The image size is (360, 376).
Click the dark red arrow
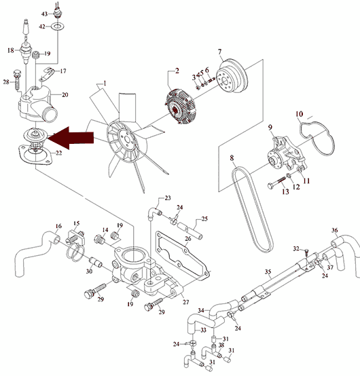pyautogui.click(x=71, y=138)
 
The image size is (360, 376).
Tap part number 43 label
pyautogui.click(x=44, y=14)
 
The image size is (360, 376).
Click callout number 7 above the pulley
pyautogui.click(x=219, y=52)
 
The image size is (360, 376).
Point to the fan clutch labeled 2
pyautogui.click(x=181, y=107)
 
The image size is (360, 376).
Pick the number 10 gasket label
pyautogui.click(x=299, y=114)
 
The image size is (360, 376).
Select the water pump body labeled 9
pyautogui.click(x=286, y=153)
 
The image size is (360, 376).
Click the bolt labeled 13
pyautogui.click(x=276, y=182)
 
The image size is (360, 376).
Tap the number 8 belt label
pyautogui.click(x=232, y=158)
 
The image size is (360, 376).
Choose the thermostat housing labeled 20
pyautogui.click(x=38, y=105)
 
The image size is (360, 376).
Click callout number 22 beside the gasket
pyautogui.click(x=59, y=153)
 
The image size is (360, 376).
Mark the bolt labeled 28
pyautogui.click(x=17, y=79)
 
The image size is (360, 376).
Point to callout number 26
pyautogui.click(x=188, y=239)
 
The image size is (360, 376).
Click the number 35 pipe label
pyautogui.click(x=268, y=271)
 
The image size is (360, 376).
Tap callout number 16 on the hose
pyautogui.click(x=58, y=226)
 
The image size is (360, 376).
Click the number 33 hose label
pyautogui.click(x=203, y=331)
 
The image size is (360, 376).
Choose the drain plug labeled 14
pyautogui.click(x=100, y=240)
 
